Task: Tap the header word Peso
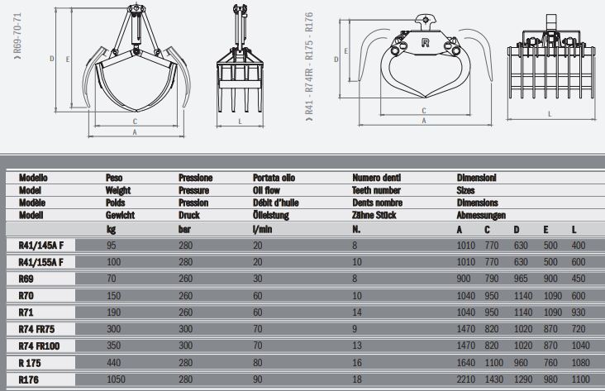[x=115, y=178]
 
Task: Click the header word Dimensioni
[x=477, y=178]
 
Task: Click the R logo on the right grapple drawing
[x=425, y=41]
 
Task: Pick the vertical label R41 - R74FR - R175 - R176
[x=309, y=66]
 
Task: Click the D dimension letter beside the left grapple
[x=51, y=58]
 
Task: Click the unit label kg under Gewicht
[x=110, y=229]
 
